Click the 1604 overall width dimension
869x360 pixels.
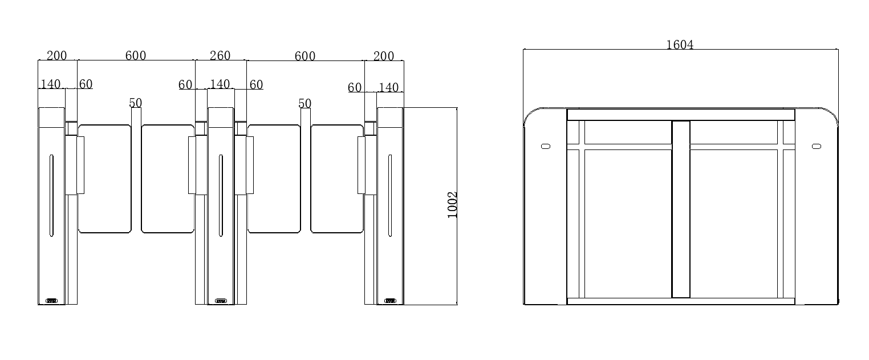(x=680, y=45)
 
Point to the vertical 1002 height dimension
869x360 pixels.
(x=453, y=205)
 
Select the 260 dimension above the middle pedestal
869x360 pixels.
(x=220, y=56)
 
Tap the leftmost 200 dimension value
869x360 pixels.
(x=56, y=56)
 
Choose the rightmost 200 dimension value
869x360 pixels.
(x=384, y=56)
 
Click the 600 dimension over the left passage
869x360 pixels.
(x=136, y=56)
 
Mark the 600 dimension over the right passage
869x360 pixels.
(x=305, y=56)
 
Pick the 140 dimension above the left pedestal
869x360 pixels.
(x=51, y=84)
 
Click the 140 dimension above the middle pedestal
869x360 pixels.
(x=220, y=84)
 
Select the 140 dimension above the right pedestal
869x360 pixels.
(x=388, y=87)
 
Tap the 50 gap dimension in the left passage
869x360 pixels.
(x=136, y=103)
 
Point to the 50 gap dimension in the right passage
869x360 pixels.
(x=305, y=103)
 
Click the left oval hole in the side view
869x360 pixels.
(x=546, y=147)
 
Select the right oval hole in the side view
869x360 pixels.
(x=816, y=147)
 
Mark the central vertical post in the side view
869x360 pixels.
(x=681, y=209)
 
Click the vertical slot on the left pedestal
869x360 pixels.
(x=51, y=195)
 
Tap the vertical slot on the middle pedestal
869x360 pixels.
(x=221, y=195)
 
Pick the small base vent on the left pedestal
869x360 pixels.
(x=52, y=301)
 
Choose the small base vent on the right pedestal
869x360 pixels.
(x=391, y=301)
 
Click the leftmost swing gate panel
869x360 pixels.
(x=105, y=179)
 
